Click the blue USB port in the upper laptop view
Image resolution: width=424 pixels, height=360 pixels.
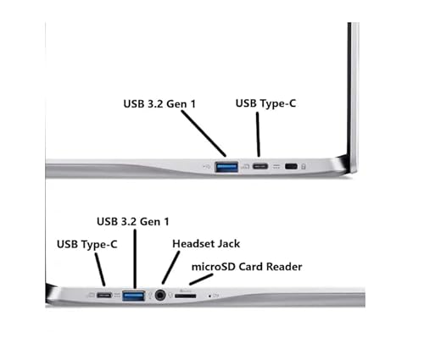(226, 167)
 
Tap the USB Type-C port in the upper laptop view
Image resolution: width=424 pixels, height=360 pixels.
(260, 166)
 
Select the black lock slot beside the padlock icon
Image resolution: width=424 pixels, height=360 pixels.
(291, 166)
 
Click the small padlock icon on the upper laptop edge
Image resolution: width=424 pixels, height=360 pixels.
(304, 166)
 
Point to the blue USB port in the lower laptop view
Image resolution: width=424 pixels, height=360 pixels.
(134, 296)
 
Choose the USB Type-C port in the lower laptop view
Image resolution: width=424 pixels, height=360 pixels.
(104, 296)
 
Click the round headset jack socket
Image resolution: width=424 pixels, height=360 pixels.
(160, 296)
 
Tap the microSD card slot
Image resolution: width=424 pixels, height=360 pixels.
(185, 296)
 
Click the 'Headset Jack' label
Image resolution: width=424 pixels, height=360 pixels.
(206, 244)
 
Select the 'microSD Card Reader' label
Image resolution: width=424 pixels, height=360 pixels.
(247, 267)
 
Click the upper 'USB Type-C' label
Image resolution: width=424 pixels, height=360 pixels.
(265, 103)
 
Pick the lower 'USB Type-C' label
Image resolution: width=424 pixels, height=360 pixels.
(87, 244)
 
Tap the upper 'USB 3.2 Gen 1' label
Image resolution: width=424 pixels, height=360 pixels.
(159, 104)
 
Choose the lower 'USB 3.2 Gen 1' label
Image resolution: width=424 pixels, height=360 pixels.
(133, 222)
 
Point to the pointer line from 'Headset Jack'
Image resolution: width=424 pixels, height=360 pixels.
(170, 268)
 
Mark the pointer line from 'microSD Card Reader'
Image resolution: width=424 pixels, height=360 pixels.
(201, 280)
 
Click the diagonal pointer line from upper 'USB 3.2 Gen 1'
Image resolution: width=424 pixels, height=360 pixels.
(204, 133)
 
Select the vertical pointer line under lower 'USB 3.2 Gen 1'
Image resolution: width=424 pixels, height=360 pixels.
(135, 259)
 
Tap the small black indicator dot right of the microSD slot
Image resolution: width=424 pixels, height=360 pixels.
(209, 296)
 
